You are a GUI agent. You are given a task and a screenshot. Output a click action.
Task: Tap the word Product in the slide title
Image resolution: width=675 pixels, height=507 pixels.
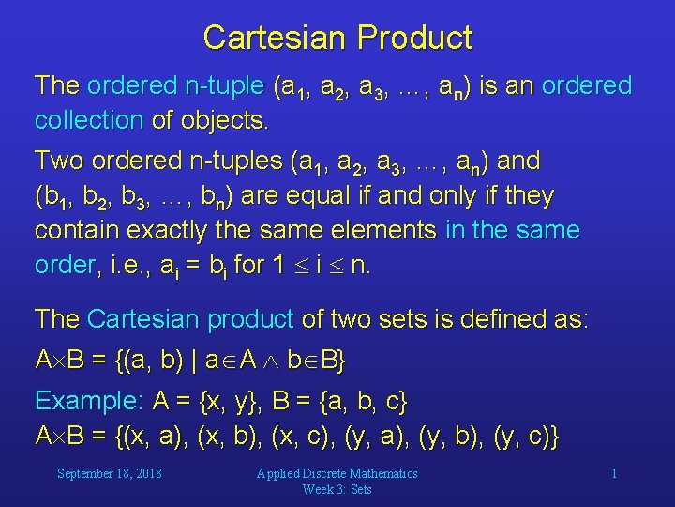click(x=415, y=38)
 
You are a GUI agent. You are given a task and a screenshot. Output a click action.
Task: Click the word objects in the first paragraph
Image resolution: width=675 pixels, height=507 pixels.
click(x=222, y=120)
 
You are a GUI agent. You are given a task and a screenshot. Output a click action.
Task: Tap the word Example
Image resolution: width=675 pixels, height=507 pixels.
click(x=87, y=402)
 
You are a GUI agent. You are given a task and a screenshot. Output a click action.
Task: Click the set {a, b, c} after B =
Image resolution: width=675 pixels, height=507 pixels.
click(x=363, y=402)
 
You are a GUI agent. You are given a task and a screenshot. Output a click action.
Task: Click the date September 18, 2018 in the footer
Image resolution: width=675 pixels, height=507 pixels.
click(x=109, y=473)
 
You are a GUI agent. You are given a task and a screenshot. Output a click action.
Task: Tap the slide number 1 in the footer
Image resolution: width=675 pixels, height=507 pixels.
click(x=614, y=473)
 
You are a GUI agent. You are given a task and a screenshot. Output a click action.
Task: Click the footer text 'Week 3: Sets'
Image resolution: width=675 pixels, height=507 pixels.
click(x=337, y=489)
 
